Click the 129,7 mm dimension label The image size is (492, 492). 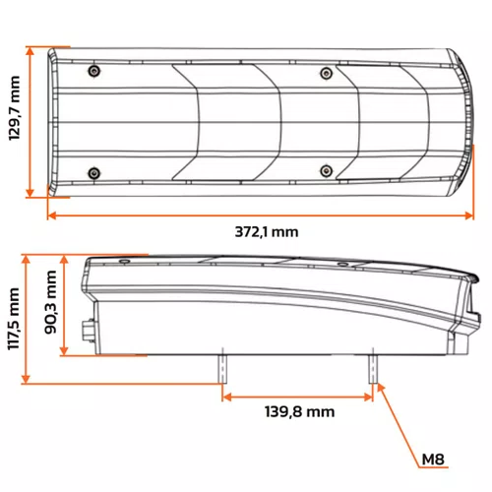point(15,108)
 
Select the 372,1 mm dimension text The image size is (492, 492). point(267,232)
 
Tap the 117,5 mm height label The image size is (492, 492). point(14,319)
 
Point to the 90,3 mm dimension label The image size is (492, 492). point(50,302)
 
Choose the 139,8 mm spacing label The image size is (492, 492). point(300,411)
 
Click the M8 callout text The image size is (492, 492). point(433,460)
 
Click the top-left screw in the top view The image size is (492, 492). point(94,71)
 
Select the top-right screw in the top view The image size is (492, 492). point(326,73)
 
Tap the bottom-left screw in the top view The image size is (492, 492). point(94,172)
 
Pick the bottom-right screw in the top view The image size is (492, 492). point(326,170)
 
